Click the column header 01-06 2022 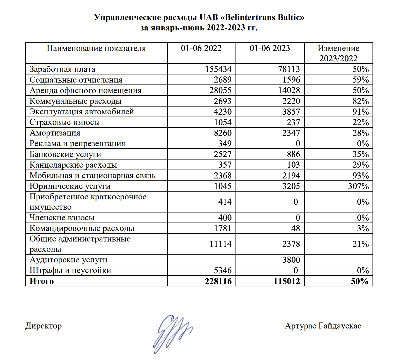click(201, 48)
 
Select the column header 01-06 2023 click(270, 48)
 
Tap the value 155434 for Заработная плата click(218, 69)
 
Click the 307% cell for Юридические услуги click(358, 186)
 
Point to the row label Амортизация click(55, 133)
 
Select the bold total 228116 click(218, 281)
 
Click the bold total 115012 click(287, 281)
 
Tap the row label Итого click(42, 281)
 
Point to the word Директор click(44, 326)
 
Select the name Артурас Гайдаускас click(323, 326)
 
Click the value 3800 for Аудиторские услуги click(291, 260)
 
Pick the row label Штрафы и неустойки click(70, 270)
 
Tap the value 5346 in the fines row click(223, 270)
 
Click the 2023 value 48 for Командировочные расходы click(295, 228)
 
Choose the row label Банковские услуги click(65, 154)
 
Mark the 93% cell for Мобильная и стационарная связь click(361, 175)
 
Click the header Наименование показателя click(96, 48)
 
